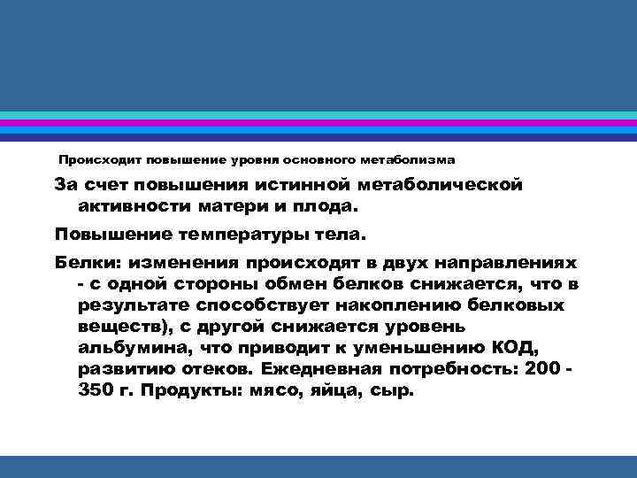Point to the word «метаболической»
pos(442,185)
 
